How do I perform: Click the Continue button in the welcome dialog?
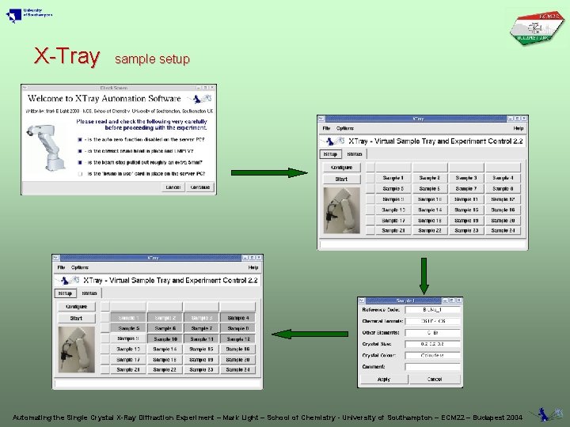pos(201,187)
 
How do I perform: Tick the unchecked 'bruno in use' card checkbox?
pos(80,173)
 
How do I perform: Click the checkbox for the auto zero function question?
pos(80,139)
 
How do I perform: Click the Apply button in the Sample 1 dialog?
pos(383,380)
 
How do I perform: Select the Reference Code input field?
pos(432,310)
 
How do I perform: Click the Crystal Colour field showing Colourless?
pos(432,356)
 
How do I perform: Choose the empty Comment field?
pos(432,367)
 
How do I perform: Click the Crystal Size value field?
pos(432,344)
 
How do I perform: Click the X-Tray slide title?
pos(67,56)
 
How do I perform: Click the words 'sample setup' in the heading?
pos(152,59)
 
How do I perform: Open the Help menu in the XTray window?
pos(518,128)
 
